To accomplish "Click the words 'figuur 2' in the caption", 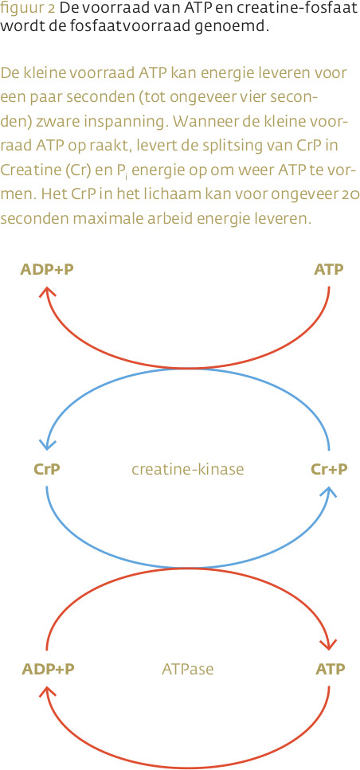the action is point(28,9).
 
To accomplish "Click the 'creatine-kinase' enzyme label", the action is point(188,470).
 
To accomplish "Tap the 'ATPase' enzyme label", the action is point(188,670).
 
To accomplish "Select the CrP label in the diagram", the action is point(47,470).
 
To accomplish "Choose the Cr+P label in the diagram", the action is point(329,470).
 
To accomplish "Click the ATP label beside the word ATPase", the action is point(330,670).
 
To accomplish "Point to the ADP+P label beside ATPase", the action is point(48,670).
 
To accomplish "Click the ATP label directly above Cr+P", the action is point(329,270).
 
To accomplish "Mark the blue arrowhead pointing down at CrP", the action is point(47,444).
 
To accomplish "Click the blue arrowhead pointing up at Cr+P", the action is point(329,493).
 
